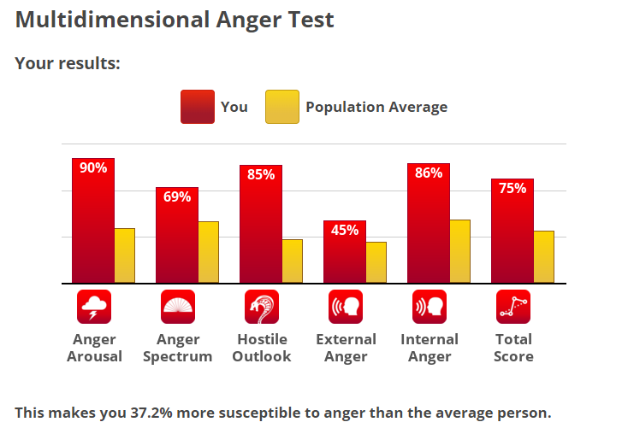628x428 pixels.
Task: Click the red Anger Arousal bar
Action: [x=93, y=226]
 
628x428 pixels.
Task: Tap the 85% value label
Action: [x=261, y=174]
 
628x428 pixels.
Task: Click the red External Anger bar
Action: [x=345, y=256]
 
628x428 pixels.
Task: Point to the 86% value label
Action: [x=429, y=173]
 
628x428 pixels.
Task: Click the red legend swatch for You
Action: [x=197, y=107]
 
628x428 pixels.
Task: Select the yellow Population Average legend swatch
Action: [x=281, y=107]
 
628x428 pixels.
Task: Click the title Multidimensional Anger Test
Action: [x=175, y=20]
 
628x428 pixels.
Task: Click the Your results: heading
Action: [x=68, y=63]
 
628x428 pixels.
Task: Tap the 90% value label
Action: [x=93, y=167]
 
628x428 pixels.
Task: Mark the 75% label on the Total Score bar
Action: [x=512, y=188]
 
